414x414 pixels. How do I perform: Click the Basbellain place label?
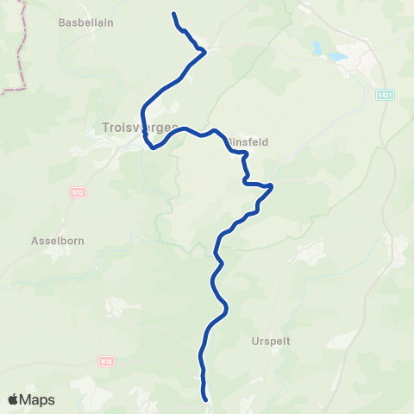tap(86, 22)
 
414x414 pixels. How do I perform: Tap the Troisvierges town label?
tap(139, 128)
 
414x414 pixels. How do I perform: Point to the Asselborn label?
tap(57, 241)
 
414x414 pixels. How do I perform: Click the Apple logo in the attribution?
tap(14, 398)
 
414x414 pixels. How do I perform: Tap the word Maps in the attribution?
tap(38, 399)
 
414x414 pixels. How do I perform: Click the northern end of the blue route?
tap(174, 14)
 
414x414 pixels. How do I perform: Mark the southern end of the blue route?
tap(206, 399)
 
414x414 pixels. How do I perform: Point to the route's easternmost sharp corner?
tap(272, 185)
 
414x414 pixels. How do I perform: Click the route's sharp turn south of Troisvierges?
tap(153, 147)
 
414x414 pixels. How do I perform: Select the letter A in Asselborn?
tap(34, 241)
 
